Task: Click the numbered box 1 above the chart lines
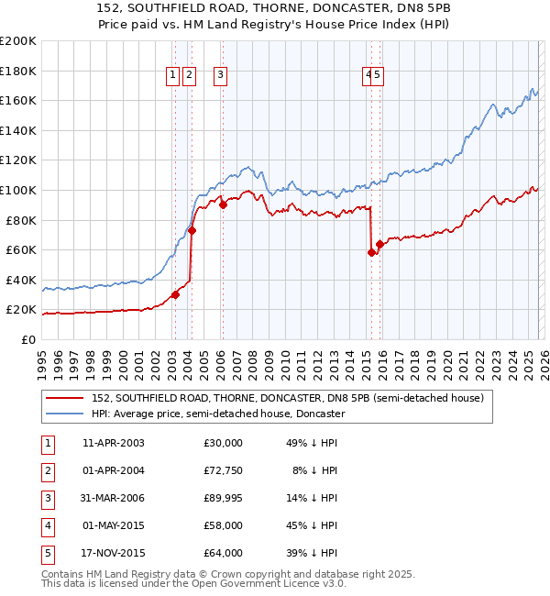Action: [173, 76]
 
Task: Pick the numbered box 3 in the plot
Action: [222, 76]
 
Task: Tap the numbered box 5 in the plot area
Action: [377, 76]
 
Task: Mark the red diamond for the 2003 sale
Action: [175, 294]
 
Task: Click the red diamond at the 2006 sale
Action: [223, 205]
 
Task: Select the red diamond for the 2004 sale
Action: [192, 231]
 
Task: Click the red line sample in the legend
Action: [66, 399]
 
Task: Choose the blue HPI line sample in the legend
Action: [66, 414]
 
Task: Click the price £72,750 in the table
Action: [223, 470]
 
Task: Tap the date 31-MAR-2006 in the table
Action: [114, 498]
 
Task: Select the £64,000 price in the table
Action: [223, 553]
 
